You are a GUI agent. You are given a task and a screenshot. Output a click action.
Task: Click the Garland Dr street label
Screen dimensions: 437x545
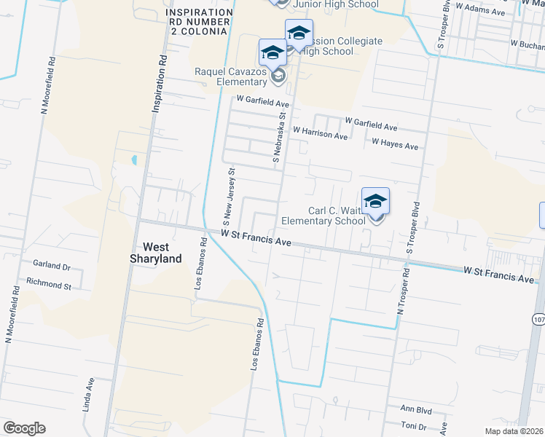[x=51, y=267]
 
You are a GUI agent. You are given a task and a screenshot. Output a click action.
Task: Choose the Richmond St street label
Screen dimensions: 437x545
[x=49, y=286]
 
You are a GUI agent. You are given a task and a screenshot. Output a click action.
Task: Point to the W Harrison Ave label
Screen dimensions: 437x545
[x=320, y=134]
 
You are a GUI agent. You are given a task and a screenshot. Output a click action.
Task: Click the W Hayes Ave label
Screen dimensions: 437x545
[x=395, y=144]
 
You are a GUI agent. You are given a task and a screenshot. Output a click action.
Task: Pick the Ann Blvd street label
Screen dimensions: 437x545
[x=412, y=409]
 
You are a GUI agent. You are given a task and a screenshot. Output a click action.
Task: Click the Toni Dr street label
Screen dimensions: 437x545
[x=413, y=425]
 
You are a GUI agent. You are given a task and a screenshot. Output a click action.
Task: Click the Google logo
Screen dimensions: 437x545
[x=24, y=428]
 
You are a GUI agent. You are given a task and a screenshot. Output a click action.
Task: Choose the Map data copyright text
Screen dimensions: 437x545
[x=512, y=431]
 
